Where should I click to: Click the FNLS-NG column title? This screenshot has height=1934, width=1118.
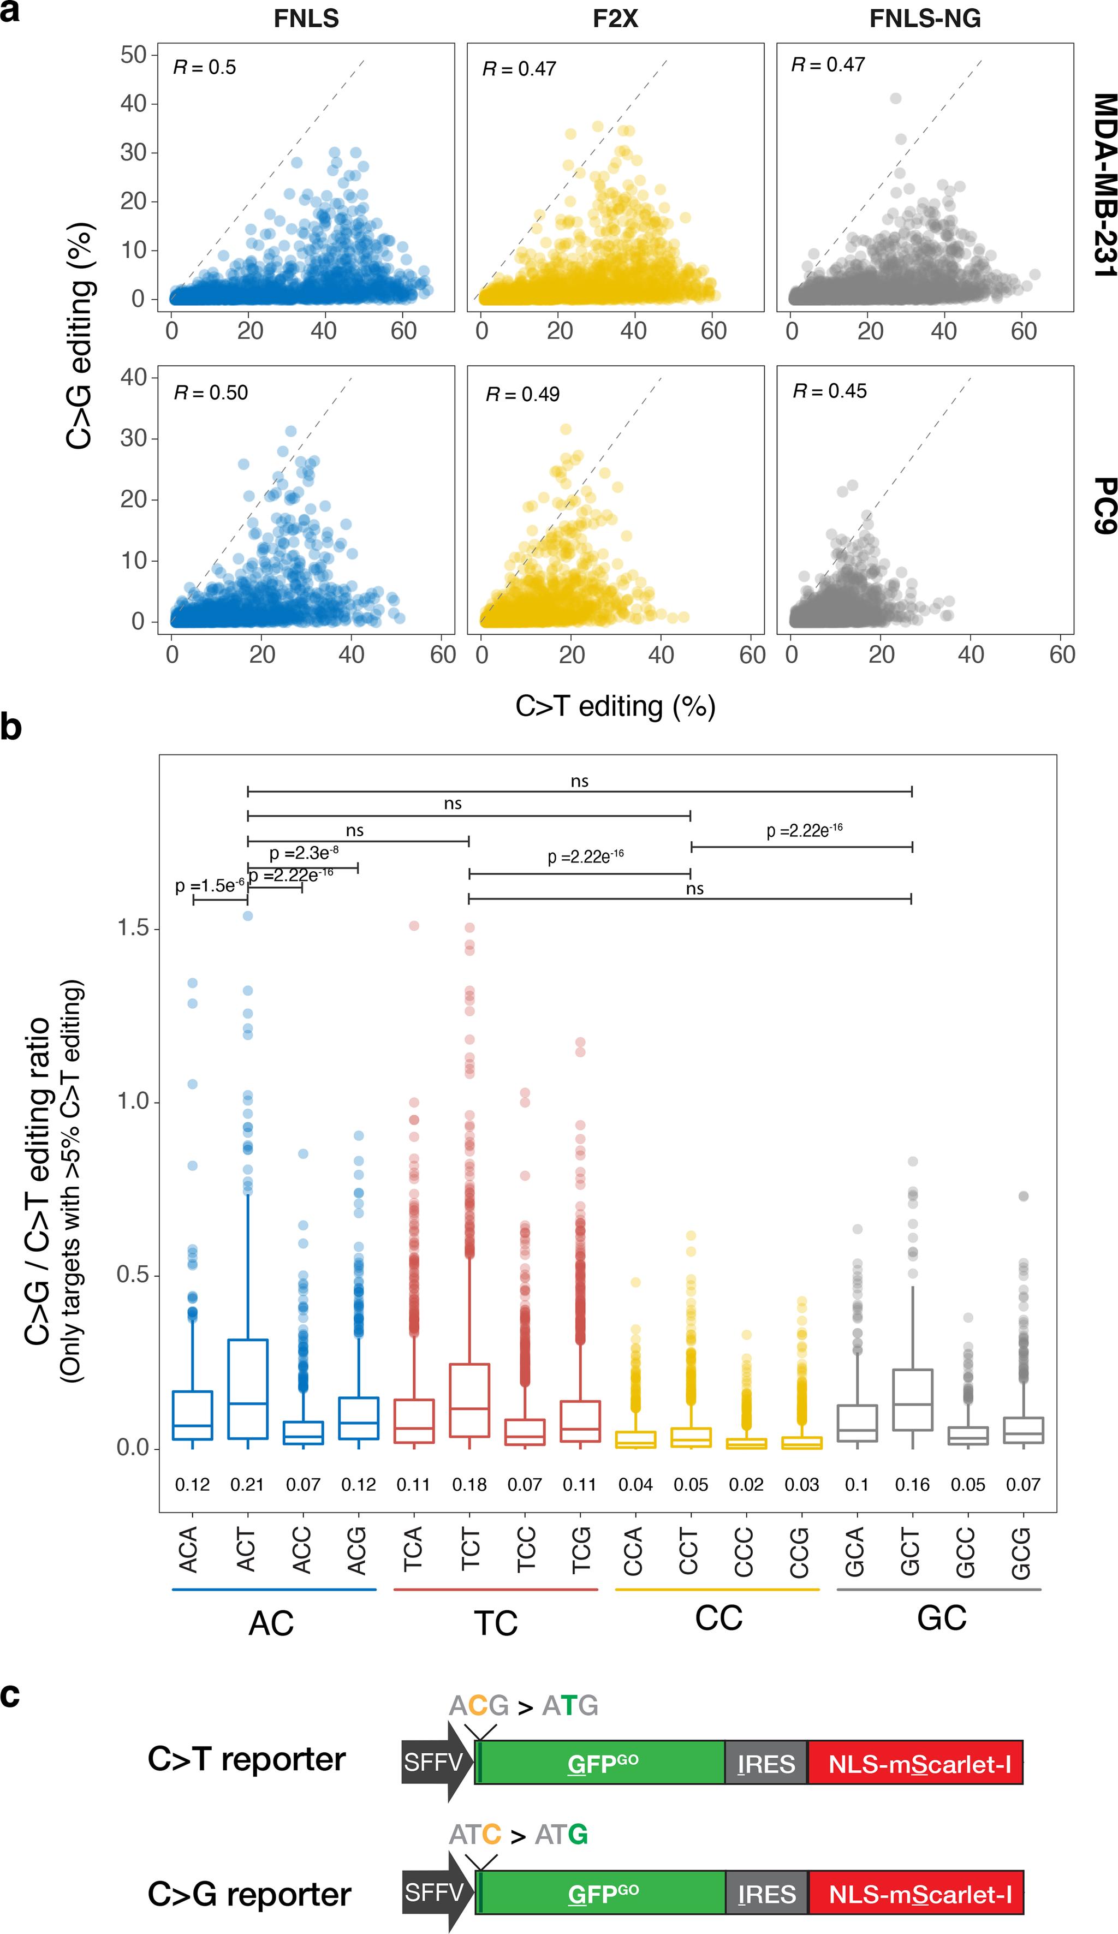coord(925,19)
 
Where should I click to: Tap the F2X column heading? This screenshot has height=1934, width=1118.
coord(615,19)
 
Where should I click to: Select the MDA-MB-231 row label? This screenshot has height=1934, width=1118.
coord(1104,184)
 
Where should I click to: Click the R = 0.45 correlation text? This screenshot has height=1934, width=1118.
coord(829,391)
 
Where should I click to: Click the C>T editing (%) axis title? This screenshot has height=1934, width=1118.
coord(615,706)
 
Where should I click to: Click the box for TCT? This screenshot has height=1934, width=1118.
coord(469,1400)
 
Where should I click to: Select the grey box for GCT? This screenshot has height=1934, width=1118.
coord(912,1400)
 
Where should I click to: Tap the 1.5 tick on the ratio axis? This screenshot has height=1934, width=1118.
coord(133,928)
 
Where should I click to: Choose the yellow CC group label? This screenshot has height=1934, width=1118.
coord(718,1618)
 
